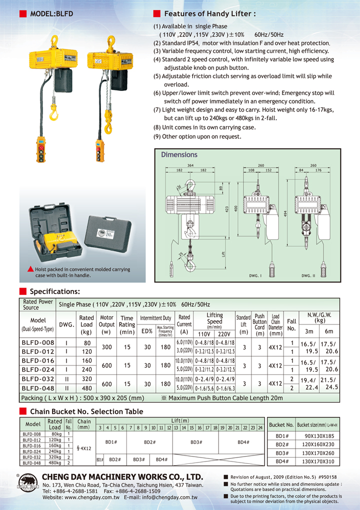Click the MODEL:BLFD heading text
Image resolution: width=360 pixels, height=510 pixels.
point(51,14)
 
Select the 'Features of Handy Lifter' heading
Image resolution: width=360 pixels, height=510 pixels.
point(210,14)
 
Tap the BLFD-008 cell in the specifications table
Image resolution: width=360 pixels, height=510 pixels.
point(38,342)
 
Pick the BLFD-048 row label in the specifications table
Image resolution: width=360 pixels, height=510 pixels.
point(38,387)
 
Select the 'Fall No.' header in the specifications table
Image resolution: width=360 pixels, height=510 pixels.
point(291,324)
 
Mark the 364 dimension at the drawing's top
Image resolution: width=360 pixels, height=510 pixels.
point(190,165)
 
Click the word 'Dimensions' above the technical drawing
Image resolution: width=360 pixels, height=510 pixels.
point(179,155)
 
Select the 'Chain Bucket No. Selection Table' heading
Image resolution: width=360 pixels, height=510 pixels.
point(86,411)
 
